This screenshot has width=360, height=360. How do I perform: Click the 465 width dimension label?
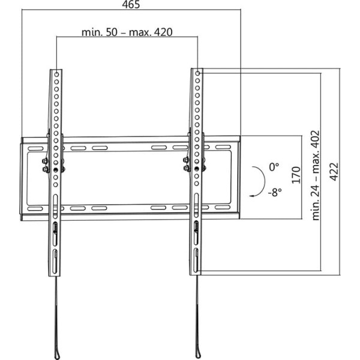tap(131, 5)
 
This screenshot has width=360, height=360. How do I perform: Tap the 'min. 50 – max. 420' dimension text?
tap(127, 32)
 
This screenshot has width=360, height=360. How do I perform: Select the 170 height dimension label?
tap(296, 175)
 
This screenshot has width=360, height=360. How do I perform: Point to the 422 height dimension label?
tap(334, 172)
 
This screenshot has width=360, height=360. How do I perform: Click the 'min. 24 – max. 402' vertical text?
tap(316, 176)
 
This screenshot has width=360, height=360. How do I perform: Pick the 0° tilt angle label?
tap(274, 167)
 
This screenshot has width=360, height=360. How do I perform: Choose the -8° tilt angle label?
tap(275, 192)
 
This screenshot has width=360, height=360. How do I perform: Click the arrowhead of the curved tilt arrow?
tap(252, 196)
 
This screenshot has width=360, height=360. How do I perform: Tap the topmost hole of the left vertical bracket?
tap(56, 74)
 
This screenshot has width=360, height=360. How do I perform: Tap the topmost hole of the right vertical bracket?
tap(197, 73)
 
